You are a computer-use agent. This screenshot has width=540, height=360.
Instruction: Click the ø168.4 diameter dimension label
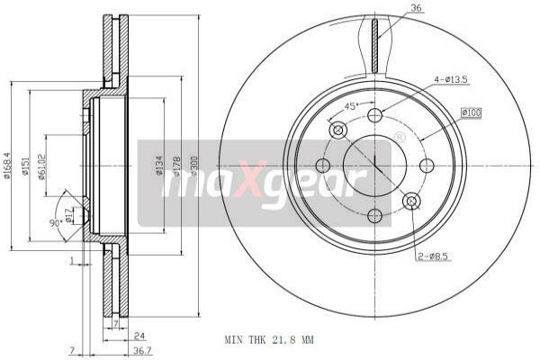(x=6, y=165)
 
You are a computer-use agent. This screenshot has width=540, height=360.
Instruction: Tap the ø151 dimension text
(x=25, y=166)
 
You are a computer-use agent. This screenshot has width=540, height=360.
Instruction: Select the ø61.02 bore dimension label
(x=41, y=166)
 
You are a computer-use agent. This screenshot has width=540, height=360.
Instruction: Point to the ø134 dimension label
(x=159, y=165)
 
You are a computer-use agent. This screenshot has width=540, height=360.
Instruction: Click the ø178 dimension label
(x=177, y=166)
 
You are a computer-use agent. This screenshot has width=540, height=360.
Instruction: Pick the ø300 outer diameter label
(x=194, y=166)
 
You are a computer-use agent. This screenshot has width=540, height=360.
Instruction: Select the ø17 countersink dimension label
(x=68, y=215)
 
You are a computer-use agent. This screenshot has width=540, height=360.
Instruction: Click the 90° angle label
(x=55, y=223)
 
